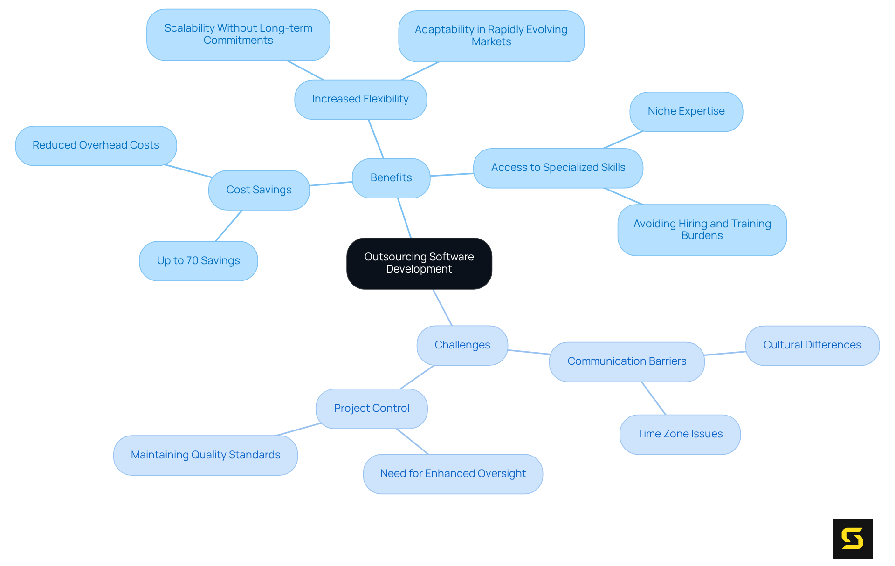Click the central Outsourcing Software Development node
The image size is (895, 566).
pyautogui.click(x=419, y=263)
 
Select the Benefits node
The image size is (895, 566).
pyautogui.click(x=391, y=178)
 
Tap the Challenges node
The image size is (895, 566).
pyautogui.click(x=462, y=345)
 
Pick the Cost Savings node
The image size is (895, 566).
pyautogui.click(x=259, y=190)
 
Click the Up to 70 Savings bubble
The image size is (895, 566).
pyautogui.click(x=198, y=261)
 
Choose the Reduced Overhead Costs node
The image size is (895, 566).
pyautogui.click(x=96, y=145)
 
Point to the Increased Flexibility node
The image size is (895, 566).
pyautogui.click(x=360, y=99)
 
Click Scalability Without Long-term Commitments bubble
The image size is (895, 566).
pyautogui.click(x=238, y=34)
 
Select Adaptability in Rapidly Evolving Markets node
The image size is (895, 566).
pyautogui.click(x=491, y=36)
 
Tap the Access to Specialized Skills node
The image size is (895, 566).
pyautogui.click(x=558, y=168)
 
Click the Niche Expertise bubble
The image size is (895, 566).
pyautogui.click(x=686, y=111)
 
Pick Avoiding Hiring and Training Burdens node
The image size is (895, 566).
pyautogui.click(x=702, y=230)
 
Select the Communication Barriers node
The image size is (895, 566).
pyautogui.click(x=626, y=361)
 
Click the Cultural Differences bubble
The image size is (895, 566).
pyautogui.click(x=812, y=345)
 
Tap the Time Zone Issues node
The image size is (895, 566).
pyautogui.click(x=680, y=434)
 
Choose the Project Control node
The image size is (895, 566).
pyautogui.click(x=372, y=409)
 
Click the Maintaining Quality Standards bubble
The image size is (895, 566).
pyautogui.click(x=205, y=455)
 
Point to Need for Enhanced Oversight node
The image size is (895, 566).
pyautogui.click(x=453, y=474)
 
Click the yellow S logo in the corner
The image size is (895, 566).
pyautogui.click(x=853, y=539)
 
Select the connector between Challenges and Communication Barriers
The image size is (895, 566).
pyautogui.click(x=529, y=352)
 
